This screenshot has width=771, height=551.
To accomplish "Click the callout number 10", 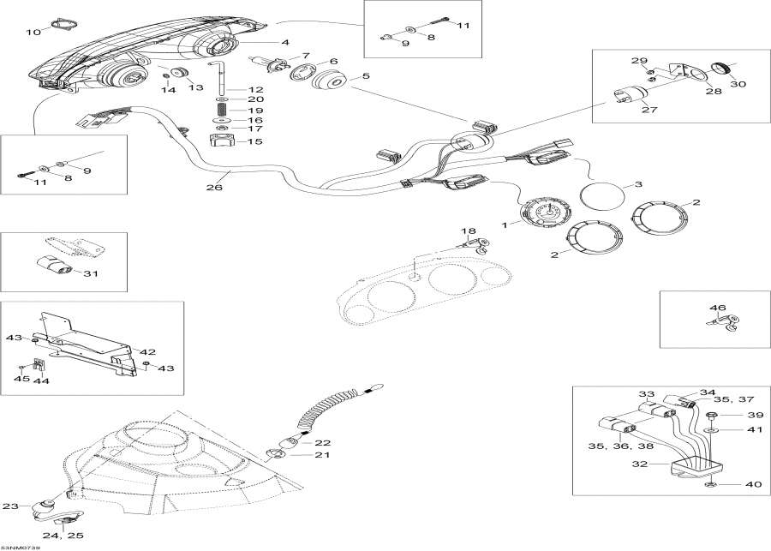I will pyautogui.click(x=33, y=32).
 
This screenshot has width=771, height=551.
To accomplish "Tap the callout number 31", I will pyautogui.click(x=90, y=273).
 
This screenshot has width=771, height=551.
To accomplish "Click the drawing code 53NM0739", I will pyautogui.click(x=21, y=546).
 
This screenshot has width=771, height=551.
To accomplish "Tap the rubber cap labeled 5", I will pyautogui.click(x=329, y=84).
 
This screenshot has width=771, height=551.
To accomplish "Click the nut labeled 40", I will pyautogui.click(x=711, y=485).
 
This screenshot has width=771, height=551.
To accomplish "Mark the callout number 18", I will pyautogui.click(x=468, y=232).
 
